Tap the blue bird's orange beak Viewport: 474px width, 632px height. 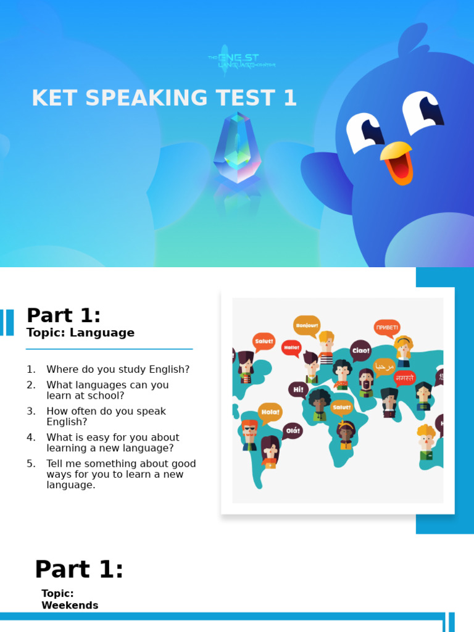tap(397, 162)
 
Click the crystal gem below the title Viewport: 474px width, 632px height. tap(237, 148)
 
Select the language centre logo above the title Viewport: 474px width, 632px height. tap(241, 60)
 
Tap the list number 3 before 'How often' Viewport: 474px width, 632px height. tap(31, 411)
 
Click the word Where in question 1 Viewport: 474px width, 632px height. tap(62, 369)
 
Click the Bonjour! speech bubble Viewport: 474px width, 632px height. tap(307, 325)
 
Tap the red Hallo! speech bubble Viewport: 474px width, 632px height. tap(291, 347)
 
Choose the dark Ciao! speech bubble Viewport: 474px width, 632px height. tap(360, 351)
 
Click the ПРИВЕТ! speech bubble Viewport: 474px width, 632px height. tap(387, 327)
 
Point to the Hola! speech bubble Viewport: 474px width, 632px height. tap(270, 412)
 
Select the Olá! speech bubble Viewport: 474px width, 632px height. tap(293, 431)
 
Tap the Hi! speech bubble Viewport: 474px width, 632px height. tap(298, 389)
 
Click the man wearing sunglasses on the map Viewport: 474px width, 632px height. tap(249, 431)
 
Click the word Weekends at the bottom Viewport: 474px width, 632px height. tap(70, 605)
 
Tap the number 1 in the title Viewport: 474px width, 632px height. tap(289, 98)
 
